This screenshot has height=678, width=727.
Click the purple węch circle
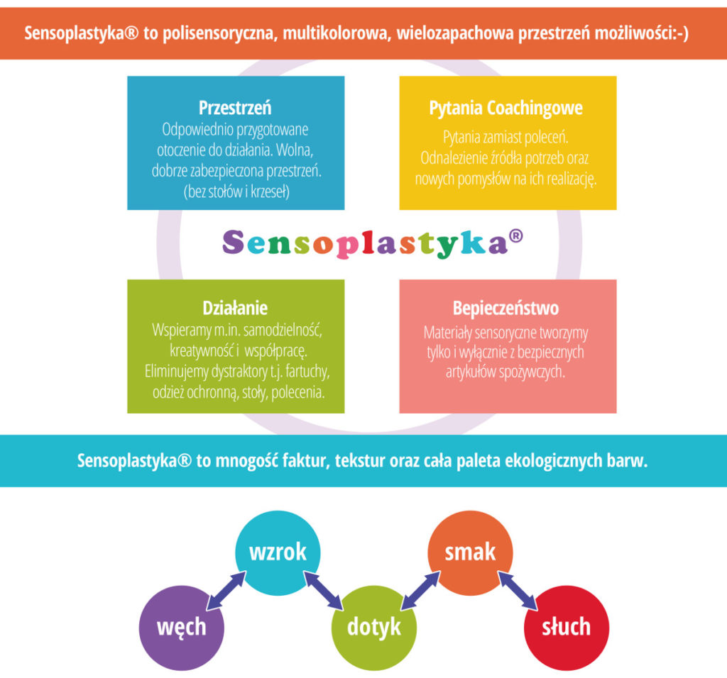coord(182,628)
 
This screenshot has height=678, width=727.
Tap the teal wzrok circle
coord(278,553)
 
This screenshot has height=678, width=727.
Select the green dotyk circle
coord(374,628)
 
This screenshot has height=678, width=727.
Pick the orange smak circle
coord(470,553)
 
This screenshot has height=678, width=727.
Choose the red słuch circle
coord(567,628)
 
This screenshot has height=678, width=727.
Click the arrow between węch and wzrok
coord(226,591)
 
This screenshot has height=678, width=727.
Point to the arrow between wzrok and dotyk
coord(323,591)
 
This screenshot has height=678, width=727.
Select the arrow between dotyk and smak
coord(420,591)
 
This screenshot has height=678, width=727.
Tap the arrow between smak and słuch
coord(518,591)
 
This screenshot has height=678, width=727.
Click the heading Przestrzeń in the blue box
coord(235,107)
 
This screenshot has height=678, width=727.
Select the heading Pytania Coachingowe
coord(505,108)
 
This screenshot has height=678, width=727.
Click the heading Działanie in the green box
coord(235,308)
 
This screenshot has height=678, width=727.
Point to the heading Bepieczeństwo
coord(505,308)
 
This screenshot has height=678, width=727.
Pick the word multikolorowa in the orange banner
coord(335,33)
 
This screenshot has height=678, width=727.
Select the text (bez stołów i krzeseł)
coord(236,191)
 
